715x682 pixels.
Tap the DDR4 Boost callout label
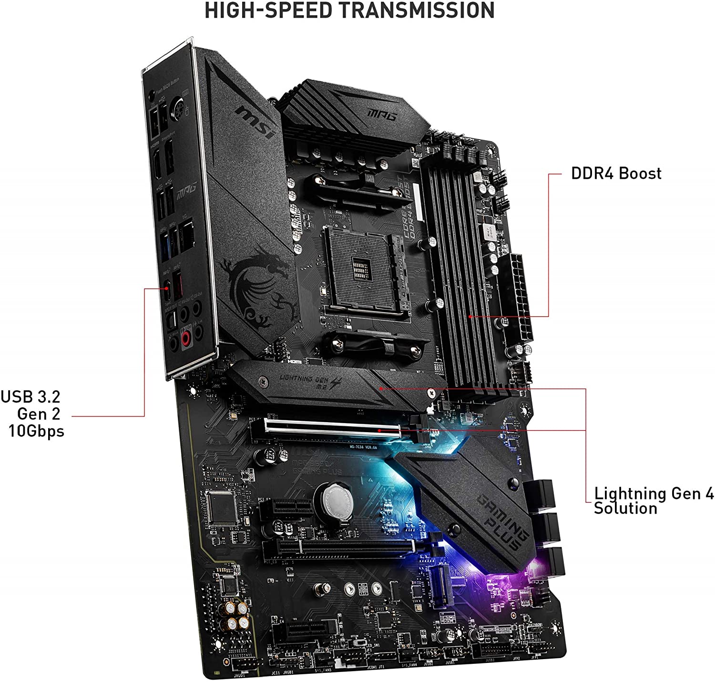616,173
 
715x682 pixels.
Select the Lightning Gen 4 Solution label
653,500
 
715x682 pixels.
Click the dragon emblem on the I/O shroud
257,286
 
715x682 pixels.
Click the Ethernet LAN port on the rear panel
187,234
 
